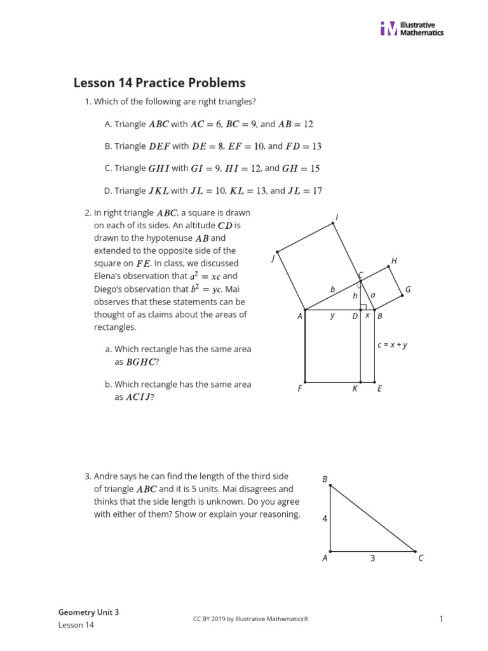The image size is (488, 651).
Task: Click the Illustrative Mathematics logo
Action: (412, 29)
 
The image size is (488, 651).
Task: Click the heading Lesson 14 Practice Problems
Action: (159, 83)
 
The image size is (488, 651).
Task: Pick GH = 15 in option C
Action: (301, 168)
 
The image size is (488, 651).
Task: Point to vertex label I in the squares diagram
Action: (336, 217)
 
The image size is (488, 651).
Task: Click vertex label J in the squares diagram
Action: (273, 257)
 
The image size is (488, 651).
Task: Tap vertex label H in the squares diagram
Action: (394, 261)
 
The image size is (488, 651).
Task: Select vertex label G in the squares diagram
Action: (408, 289)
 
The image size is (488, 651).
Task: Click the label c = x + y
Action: (392, 345)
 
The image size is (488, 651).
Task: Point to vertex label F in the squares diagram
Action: (299, 388)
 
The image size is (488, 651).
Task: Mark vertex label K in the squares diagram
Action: (355, 388)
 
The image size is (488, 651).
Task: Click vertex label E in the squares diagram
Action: (379, 388)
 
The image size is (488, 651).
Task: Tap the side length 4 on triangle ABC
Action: (324, 519)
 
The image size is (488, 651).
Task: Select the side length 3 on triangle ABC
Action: (372, 558)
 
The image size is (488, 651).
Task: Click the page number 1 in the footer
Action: (440, 618)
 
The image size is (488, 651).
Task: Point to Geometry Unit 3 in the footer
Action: (88, 612)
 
